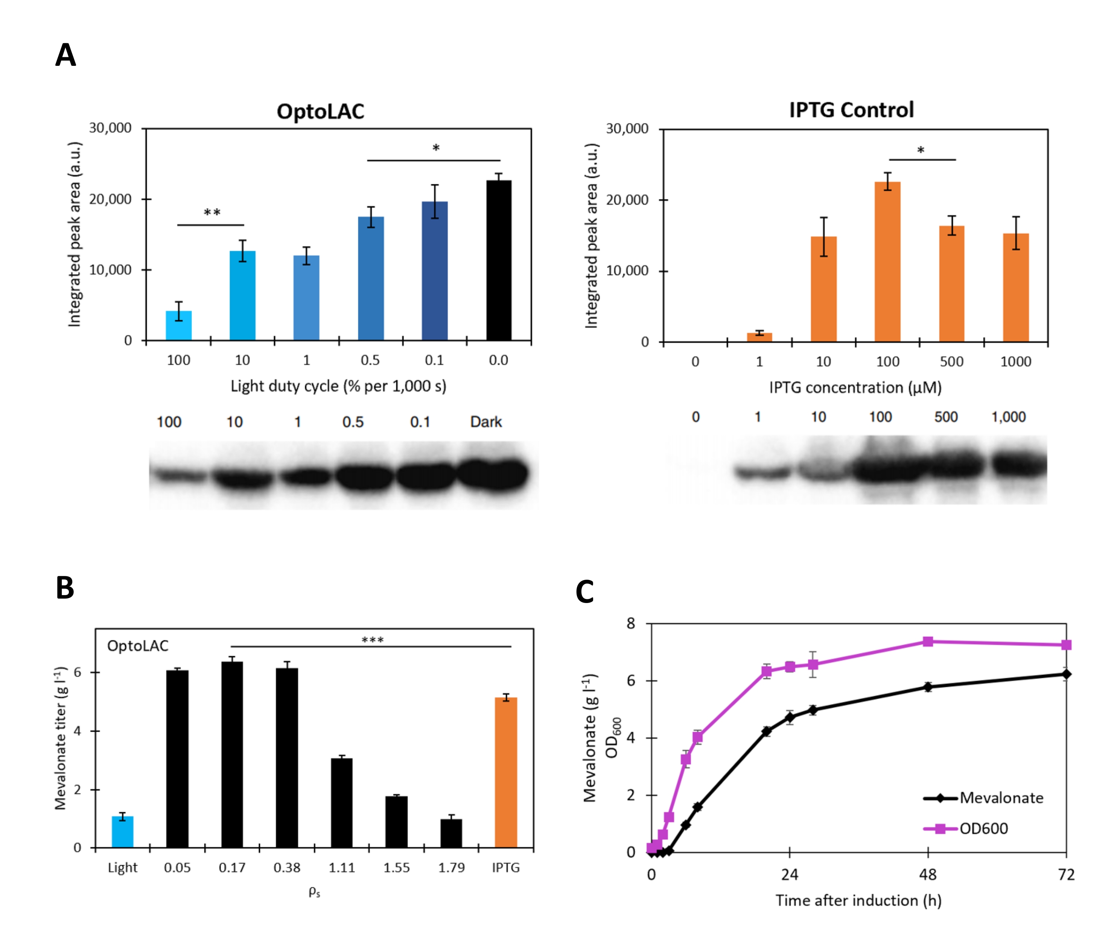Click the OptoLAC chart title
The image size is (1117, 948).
click(320, 111)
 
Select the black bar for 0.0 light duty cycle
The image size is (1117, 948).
click(498, 261)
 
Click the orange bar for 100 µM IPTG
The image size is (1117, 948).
click(887, 262)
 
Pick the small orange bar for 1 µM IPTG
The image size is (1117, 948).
click(759, 337)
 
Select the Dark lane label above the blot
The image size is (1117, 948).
click(485, 422)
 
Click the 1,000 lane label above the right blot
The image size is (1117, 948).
click(1008, 417)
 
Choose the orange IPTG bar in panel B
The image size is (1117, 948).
click(505, 772)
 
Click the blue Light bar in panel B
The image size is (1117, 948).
click(123, 831)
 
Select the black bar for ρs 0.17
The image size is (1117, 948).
click(232, 755)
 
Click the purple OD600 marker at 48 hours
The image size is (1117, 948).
click(928, 642)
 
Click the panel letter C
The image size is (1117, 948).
click(584, 592)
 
